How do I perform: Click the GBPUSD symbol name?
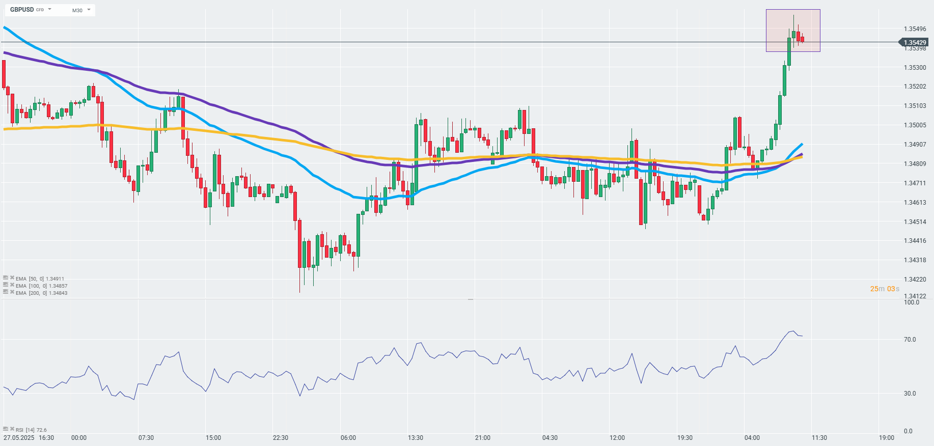click(x=22, y=10)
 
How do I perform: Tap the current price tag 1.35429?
click(x=915, y=43)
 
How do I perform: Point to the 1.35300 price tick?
click(x=915, y=68)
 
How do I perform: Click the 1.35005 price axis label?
click(x=915, y=125)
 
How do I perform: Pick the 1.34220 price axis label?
click(x=915, y=280)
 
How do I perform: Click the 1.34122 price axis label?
click(x=915, y=296)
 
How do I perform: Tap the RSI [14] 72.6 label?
click(x=31, y=430)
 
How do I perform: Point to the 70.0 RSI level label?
click(x=910, y=340)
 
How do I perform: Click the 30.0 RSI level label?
click(x=910, y=394)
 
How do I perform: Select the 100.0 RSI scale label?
click(x=911, y=302)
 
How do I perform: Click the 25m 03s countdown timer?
click(x=885, y=289)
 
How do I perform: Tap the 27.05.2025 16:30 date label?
click(x=29, y=438)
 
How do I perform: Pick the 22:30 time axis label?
click(x=281, y=438)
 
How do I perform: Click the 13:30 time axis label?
click(x=416, y=438)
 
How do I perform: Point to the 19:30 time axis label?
click(x=685, y=438)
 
